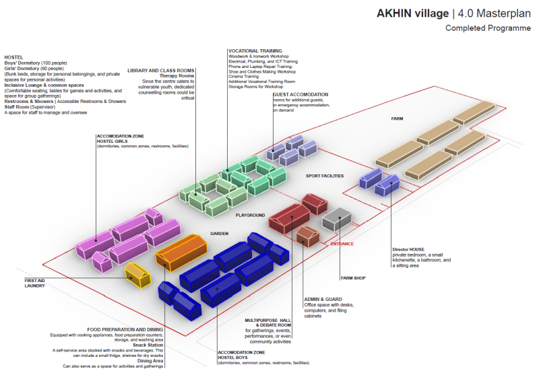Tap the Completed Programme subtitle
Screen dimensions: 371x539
(x=488, y=29)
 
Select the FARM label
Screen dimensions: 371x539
(x=397, y=119)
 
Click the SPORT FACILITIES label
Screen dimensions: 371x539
(x=325, y=176)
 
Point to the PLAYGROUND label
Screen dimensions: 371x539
(x=251, y=215)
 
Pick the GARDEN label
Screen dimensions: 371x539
(x=220, y=234)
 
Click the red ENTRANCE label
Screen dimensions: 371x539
(x=342, y=244)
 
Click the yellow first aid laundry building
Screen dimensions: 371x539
(x=137, y=275)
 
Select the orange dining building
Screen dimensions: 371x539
(x=180, y=252)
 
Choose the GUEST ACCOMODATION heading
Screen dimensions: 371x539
(x=300, y=94)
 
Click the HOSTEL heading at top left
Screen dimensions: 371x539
(x=13, y=57)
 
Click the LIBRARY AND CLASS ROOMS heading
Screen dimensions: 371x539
(x=161, y=71)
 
